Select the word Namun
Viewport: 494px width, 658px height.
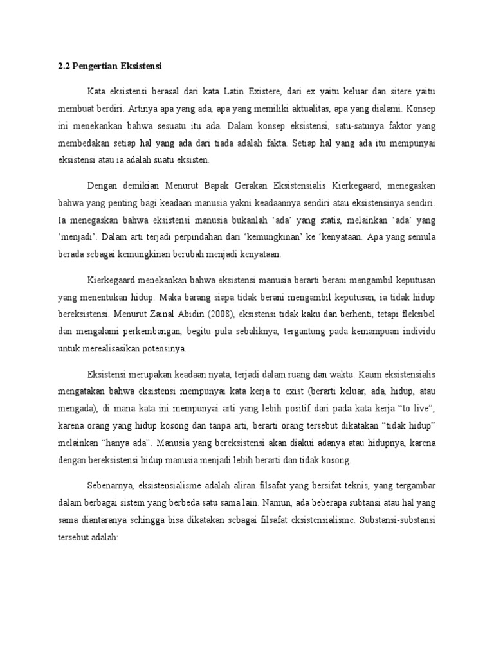[282, 499]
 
